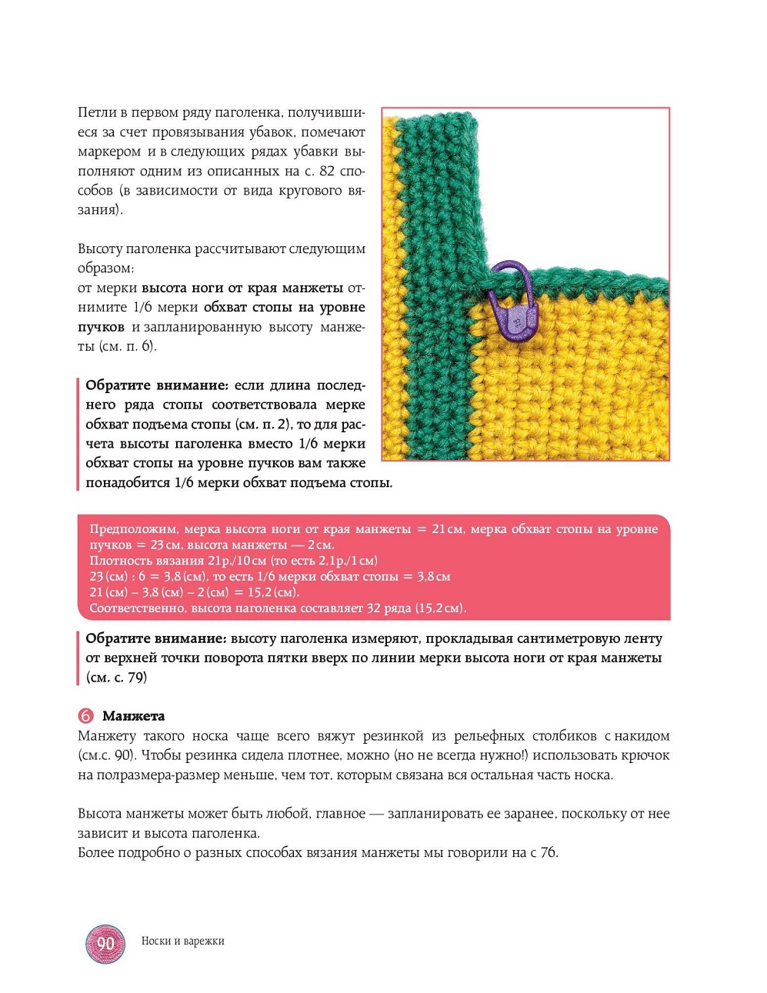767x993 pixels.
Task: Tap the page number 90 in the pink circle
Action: point(105,943)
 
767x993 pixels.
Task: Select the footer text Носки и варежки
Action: point(182,941)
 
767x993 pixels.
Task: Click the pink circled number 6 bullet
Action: point(85,716)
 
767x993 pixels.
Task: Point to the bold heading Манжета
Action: point(133,716)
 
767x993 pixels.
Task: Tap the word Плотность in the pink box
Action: point(118,561)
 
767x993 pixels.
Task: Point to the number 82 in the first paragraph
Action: point(327,171)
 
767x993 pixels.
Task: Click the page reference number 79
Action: point(136,678)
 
